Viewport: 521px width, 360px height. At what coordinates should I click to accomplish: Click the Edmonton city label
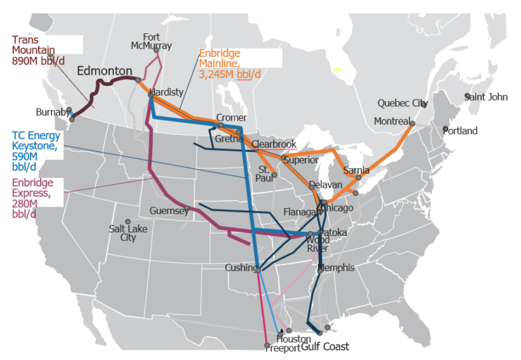[104, 71]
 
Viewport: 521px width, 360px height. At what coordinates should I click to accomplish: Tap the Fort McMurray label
[152, 41]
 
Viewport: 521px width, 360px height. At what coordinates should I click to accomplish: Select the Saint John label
[486, 97]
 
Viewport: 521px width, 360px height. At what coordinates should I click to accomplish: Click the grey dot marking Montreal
[411, 123]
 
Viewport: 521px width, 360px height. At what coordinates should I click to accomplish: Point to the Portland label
[461, 131]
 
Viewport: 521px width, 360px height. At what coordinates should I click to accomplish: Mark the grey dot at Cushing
[258, 269]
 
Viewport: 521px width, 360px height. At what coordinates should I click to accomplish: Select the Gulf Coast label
[325, 346]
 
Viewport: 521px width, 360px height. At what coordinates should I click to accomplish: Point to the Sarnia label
[356, 170]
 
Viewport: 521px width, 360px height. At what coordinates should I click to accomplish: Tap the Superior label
[301, 160]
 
